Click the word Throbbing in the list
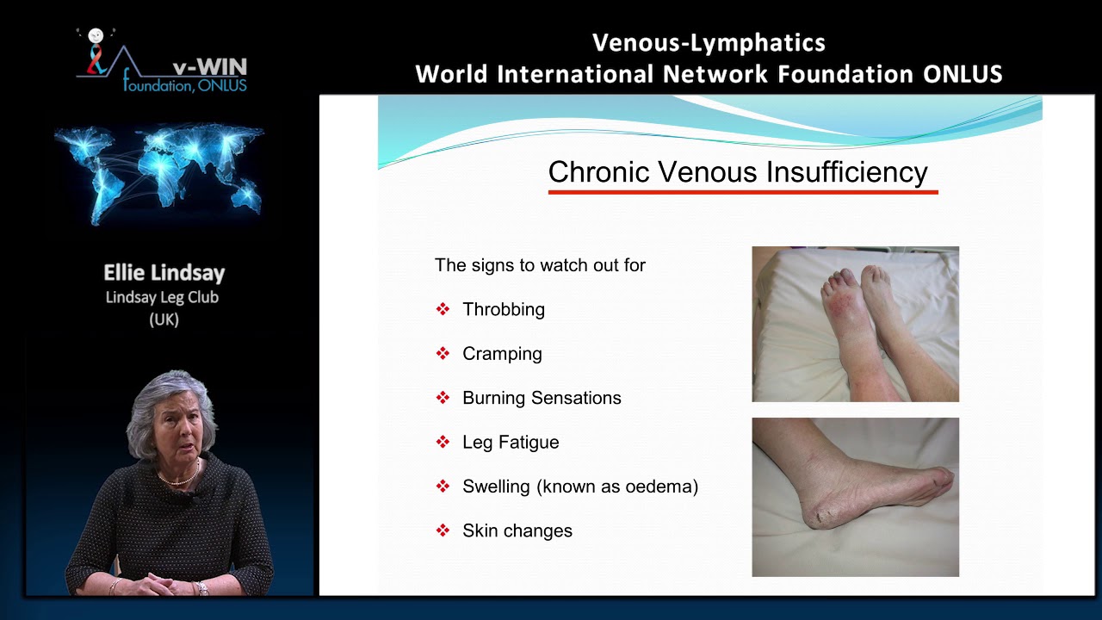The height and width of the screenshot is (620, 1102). (503, 309)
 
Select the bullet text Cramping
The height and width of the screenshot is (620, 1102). (502, 354)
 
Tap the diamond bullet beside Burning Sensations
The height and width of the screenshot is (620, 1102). (443, 398)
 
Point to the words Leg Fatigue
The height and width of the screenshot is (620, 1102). (511, 443)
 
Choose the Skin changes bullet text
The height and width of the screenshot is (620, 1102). (517, 531)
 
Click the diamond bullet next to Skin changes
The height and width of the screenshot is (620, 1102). (443, 530)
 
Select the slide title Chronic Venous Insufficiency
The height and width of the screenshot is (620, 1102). (737, 172)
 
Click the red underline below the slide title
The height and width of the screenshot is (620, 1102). (742, 192)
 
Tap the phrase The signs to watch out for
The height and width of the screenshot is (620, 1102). (540, 265)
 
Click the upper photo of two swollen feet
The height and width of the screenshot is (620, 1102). (855, 324)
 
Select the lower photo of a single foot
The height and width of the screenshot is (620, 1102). (855, 497)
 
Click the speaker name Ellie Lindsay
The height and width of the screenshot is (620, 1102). (164, 273)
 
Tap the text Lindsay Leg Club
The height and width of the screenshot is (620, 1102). (162, 297)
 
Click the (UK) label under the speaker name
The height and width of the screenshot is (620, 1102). (163, 319)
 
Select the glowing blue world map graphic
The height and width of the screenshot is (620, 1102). (159, 172)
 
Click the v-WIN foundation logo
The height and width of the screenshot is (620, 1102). (162, 60)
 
